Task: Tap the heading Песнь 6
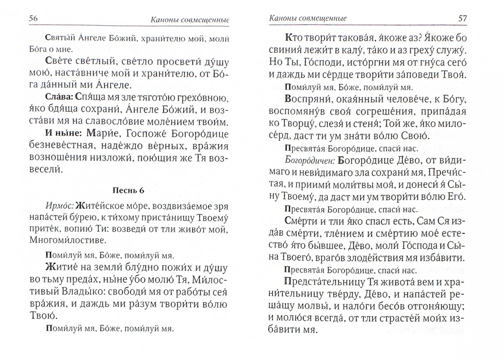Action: point(128,190)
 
